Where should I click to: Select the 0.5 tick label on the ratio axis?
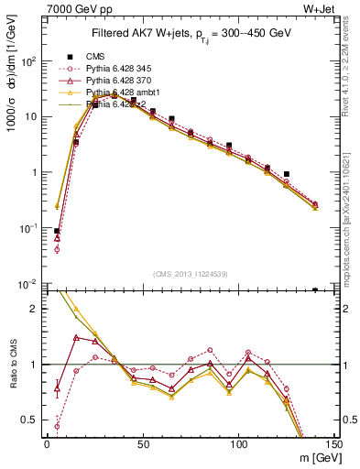[32, 420]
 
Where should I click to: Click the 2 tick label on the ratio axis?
[37, 310]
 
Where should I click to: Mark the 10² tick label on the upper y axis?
[30, 61]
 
